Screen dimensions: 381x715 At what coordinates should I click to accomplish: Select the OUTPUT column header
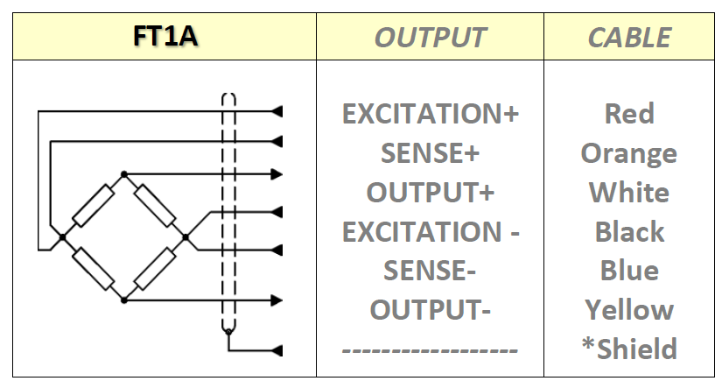click(x=430, y=37)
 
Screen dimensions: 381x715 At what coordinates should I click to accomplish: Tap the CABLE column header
click(x=629, y=37)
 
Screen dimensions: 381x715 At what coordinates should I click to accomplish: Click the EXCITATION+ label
click(x=430, y=114)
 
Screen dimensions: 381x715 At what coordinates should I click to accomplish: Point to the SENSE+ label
click(x=430, y=153)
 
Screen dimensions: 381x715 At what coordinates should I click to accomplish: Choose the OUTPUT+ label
click(x=430, y=193)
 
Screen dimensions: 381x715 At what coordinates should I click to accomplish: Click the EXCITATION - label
click(x=431, y=232)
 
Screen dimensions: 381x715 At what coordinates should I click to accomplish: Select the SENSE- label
click(x=430, y=271)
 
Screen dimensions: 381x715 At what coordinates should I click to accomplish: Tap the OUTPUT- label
click(x=430, y=310)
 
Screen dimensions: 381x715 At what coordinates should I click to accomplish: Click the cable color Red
click(x=629, y=114)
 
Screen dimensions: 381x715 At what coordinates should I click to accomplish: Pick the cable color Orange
click(x=629, y=153)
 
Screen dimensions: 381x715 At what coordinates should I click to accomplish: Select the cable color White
click(x=629, y=193)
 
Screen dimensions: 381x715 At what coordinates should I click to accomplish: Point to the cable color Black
click(x=629, y=232)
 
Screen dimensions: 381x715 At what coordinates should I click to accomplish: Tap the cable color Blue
click(x=629, y=271)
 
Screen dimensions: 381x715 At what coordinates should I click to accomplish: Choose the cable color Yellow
click(x=629, y=310)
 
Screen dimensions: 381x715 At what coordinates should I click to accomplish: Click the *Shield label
click(x=629, y=349)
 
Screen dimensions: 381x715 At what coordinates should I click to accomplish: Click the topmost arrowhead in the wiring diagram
click(x=278, y=111)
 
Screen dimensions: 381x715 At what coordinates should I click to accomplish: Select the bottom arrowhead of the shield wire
click(x=278, y=350)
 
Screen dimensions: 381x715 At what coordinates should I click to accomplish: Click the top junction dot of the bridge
click(x=124, y=173)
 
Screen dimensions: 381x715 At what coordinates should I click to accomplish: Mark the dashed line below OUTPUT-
click(x=430, y=349)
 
